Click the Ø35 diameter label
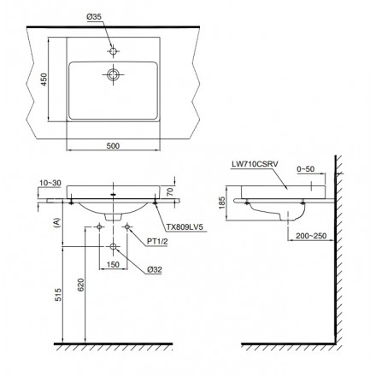point(94,17)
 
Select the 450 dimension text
point(44,79)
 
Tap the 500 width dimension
point(113,145)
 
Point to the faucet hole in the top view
point(113,51)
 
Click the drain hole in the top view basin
point(113,74)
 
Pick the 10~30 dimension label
point(50,183)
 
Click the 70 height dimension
point(170,191)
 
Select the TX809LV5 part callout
point(186,227)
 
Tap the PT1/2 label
point(157,242)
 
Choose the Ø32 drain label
point(155,269)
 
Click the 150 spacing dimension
point(113,264)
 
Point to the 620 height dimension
point(80,285)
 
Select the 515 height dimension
point(58,295)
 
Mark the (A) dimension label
point(58,221)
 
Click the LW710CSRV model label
point(255,164)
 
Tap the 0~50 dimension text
point(306,169)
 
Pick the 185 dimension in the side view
point(222,203)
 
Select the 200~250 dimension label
point(311,236)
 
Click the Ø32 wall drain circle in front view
point(113,246)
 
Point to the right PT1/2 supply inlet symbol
point(127,226)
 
